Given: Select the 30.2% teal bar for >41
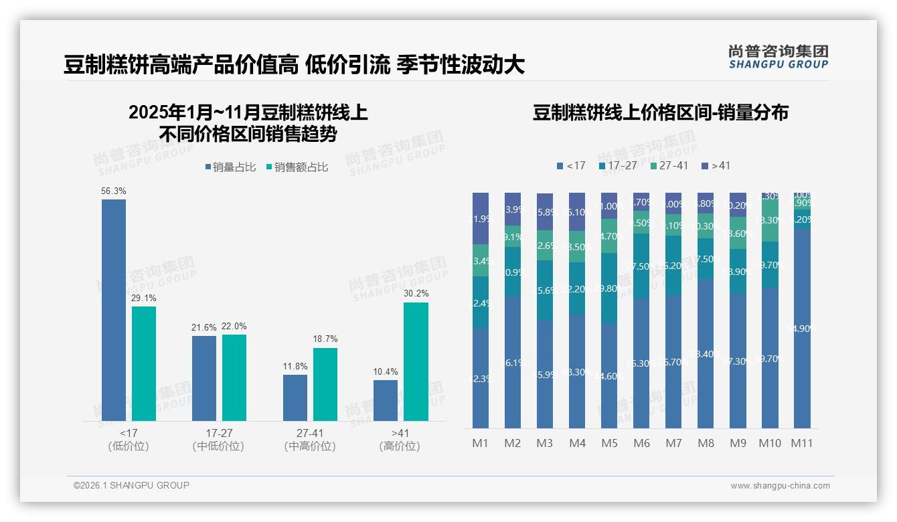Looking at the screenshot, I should (x=416, y=361).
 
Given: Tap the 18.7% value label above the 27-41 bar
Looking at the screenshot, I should (x=325, y=339).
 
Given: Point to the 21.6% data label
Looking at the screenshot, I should (x=204, y=327).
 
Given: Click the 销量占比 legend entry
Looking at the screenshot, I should (x=230, y=167).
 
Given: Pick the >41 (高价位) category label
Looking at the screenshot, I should (x=400, y=440).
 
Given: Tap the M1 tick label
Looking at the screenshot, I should (x=481, y=443).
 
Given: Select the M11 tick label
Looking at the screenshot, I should (x=801, y=443).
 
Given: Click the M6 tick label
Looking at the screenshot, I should (x=641, y=443).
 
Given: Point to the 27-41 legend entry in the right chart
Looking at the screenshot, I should (x=669, y=165).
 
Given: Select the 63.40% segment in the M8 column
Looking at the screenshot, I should (x=706, y=353).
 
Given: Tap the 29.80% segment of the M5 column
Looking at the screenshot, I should (x=609, y=288).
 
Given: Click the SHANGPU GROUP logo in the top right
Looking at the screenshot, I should (x=778, y=57).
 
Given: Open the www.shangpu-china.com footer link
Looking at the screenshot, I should (x=780, y=486).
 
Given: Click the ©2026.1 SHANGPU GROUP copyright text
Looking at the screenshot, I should (x=131, y=485).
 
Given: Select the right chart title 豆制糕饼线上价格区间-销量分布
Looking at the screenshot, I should (x=660, y=112).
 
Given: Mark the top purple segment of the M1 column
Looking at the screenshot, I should (x=481, y=218).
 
